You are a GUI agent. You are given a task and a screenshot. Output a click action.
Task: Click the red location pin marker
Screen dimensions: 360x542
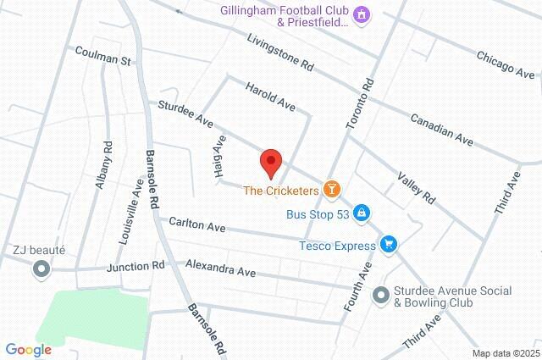pos(270,162)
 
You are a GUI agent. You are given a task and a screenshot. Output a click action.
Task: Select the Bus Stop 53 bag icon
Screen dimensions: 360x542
pos(362,213)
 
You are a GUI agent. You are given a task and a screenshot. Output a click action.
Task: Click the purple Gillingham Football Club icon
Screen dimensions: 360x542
pos(362,14)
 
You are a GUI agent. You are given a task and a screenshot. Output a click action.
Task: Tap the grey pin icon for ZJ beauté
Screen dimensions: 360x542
pos(40,269)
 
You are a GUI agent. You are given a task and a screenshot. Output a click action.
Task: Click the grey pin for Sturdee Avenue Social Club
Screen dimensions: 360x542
pos(381,295)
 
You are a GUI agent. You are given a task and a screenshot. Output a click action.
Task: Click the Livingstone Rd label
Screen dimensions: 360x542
pos(280,53)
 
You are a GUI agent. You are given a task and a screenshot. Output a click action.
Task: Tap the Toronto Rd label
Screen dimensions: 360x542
pos(359,105)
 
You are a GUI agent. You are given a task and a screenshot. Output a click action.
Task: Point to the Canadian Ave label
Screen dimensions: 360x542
pos(440,127)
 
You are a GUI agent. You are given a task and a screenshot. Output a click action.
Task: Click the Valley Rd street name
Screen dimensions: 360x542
pos(416,186)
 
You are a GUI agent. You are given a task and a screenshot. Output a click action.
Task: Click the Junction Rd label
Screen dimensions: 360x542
pos(135,267)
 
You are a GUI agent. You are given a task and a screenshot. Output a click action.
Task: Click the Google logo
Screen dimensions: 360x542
pos(28,349)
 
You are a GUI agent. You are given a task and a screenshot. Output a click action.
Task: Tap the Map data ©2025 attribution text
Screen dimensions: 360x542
pos(506,353)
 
